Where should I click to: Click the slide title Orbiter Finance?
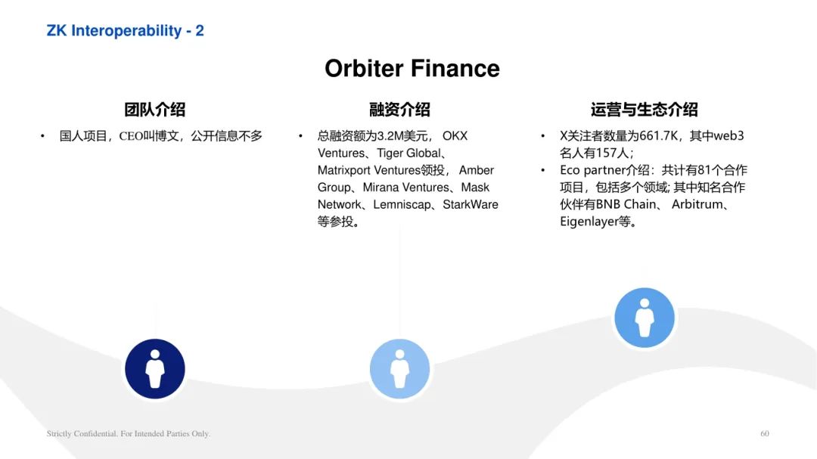pos(412,68)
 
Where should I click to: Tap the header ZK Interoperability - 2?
pos(125,31)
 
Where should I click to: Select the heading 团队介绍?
pos(155,110)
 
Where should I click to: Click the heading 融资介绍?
pos(399,110)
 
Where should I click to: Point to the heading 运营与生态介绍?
pos(644,110)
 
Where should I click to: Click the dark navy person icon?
pos(155,369)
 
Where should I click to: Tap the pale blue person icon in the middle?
pos(399,369)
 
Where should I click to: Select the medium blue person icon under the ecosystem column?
pos(645,318)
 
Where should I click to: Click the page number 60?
pos(764,433)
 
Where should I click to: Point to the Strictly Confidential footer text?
pos(129,433)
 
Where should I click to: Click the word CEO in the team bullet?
pos(131,137)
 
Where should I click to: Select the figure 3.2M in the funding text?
pos(390,136)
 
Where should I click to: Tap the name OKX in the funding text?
pos(455,136)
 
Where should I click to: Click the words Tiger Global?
pos(408,154)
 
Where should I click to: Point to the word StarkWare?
pos(471,205)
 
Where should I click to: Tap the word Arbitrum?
pos(697,204)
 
